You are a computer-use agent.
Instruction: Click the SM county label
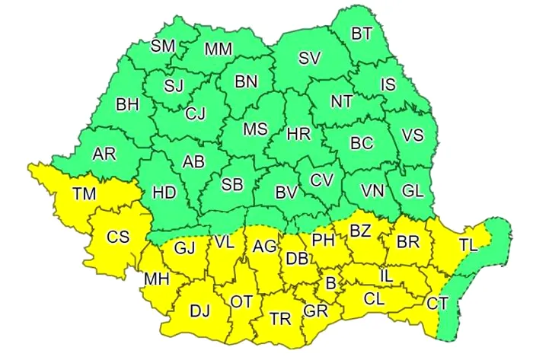[162, 46]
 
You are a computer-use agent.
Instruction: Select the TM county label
[84, 194]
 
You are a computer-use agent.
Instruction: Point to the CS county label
[117, 237]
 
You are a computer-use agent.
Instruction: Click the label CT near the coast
[437, 304]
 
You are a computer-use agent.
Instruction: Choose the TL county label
[469, 244]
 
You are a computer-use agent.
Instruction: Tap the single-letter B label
[330, 283]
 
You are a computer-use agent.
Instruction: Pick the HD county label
[164, 193]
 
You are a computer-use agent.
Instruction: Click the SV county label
[309, 59]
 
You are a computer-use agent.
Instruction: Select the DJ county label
[199, 310]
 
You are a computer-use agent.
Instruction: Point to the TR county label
[280, 317]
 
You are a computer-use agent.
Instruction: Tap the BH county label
[127, 104]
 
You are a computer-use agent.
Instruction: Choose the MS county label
[255, 129]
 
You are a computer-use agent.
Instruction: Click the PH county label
[324, 240]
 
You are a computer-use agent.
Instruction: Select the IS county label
[388, 84]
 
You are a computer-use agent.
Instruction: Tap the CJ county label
[196, 113]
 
